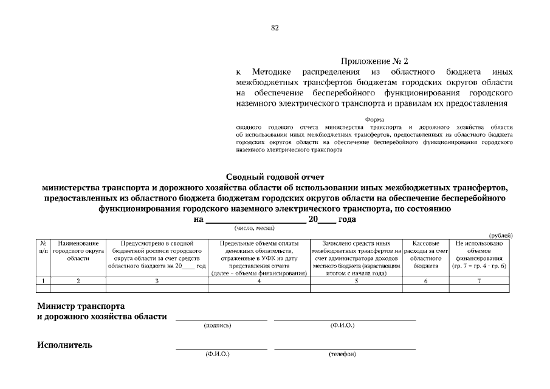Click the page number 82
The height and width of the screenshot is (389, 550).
tap(275, 28)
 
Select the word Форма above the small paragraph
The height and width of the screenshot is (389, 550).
tap(374, 120)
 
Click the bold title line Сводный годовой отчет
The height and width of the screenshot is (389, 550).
tap(275, 177)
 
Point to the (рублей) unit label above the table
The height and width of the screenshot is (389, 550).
tap(501, 235)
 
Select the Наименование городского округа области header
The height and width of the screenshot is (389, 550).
tap(78, 250)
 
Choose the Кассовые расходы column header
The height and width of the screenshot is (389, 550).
tap(425, 255)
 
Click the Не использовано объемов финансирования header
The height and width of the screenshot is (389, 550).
tap(478, 255)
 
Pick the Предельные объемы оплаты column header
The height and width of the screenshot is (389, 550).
tap(259, 258)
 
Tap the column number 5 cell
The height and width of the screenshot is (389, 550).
tap(356, 281)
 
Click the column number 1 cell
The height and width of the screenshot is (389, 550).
tap(43, 281)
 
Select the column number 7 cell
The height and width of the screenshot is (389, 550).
tap(478, 281)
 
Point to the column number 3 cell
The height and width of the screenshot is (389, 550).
tap(157, 281)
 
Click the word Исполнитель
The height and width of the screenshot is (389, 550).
tap(65, 345)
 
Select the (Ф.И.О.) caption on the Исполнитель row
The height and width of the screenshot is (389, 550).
tap(218, 354)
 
